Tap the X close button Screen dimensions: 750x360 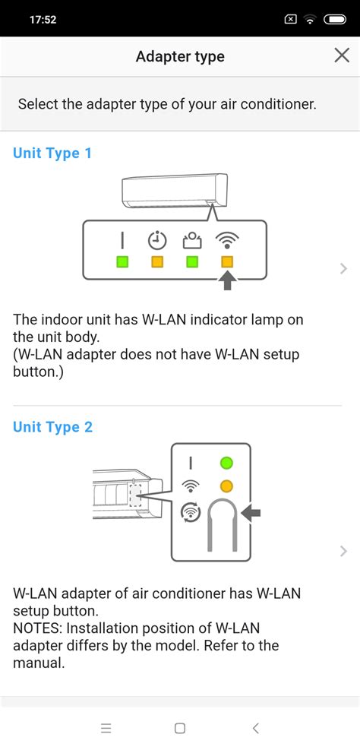[x=341, y=55]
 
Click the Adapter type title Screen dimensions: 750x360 [x=180, y=56]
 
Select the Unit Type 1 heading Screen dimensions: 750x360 [x=52, y=153]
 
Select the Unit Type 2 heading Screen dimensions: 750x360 [x=52, y=427]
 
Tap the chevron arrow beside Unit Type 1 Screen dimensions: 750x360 [x=344, y=268]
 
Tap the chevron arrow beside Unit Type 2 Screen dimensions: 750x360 [x=344, y=551]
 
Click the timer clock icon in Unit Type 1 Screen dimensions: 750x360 [x=157, y=241]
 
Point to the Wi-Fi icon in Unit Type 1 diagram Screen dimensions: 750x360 [x=226, y=241]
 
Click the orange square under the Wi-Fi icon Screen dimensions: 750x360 [x=226, y=262]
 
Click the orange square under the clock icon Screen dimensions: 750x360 [x=157, y=262]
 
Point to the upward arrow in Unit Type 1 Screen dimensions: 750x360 [x=227, y=282]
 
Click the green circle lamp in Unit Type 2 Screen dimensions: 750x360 [x=226, y=463]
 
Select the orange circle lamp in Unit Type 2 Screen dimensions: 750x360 [x=226, y=486]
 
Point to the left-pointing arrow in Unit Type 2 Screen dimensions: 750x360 [x=251, y=514]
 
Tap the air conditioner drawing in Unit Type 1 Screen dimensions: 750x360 [x=175, y=190]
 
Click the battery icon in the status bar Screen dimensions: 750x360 [x=334, y=19]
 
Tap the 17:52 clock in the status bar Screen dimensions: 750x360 [x=43, y=19]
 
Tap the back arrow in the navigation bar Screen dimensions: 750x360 [x=255, y=728]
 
